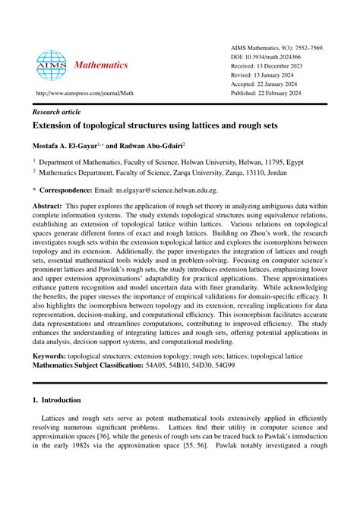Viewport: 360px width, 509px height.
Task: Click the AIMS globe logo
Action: [x=52, y=66]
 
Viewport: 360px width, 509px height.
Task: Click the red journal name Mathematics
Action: [x=101, y=65]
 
